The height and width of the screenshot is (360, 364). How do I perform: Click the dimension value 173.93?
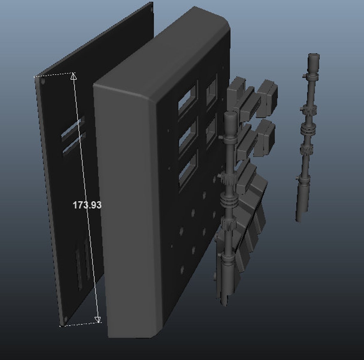[x=87, y=205]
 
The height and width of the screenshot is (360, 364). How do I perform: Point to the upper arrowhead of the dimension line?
[x=74, y=76]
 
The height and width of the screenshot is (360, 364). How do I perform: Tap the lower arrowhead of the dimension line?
[x=98, y=319]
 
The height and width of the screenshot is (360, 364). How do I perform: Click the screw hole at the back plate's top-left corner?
[x=43, y=81]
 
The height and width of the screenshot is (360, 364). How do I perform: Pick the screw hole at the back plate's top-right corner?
[x=150, y=9]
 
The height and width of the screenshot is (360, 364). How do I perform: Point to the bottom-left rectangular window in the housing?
[x=188, y=169]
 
